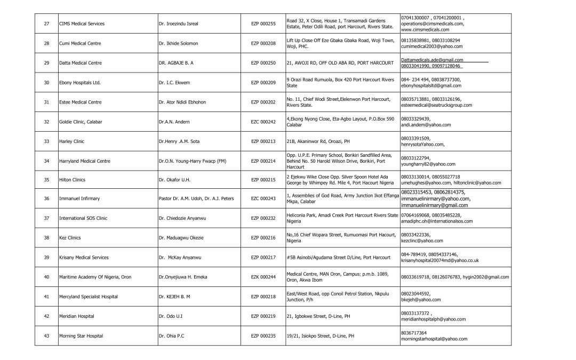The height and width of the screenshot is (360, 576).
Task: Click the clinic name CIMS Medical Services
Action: tap(82, 24)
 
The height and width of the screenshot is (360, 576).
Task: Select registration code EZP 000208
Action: tap(263, 43)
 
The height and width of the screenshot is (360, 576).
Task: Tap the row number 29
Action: tap(46, 63)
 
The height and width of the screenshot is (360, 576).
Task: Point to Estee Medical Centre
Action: tap(80, 102)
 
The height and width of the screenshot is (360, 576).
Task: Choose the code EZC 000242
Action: tap(263, 122)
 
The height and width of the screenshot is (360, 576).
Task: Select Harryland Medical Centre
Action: tap(84, 161)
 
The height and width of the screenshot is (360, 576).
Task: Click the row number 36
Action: tap(46, 199)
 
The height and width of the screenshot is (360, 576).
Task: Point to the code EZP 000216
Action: tap(263, 238)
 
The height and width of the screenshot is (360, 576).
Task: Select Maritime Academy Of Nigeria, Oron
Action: tap(95, 277)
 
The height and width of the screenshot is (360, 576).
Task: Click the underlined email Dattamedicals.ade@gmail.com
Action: tap(432, 60)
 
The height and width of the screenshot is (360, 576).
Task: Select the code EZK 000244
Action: tap(263, 277)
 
